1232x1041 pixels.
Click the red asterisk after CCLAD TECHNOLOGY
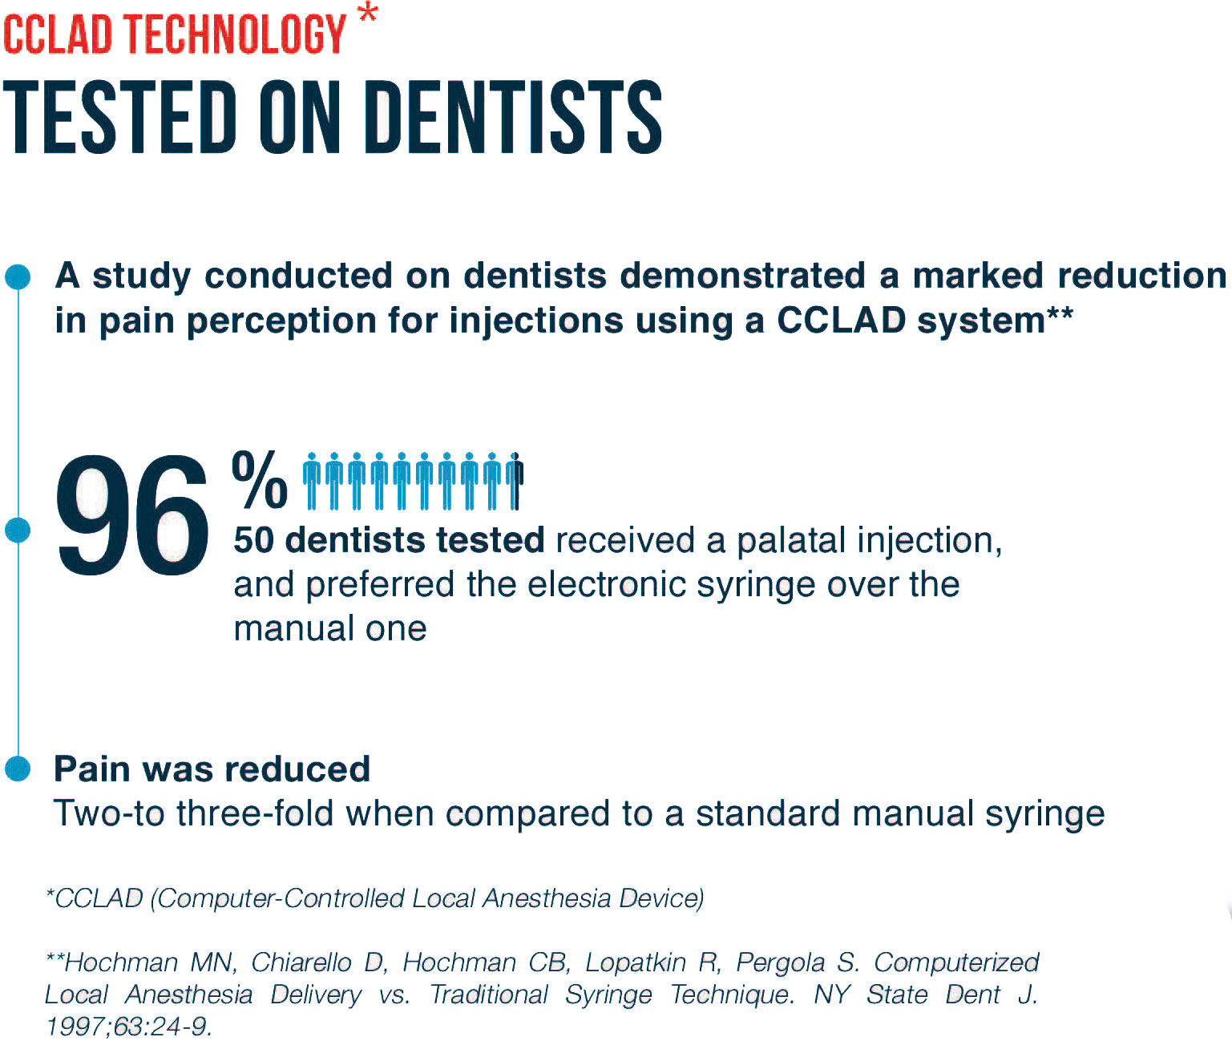coord(369,12)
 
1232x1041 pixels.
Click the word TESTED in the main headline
coord(119,117)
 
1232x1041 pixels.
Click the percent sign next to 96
coord(259,479)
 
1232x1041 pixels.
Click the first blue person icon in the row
coord(311,482)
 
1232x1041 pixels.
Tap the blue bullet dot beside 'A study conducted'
coord(18,277)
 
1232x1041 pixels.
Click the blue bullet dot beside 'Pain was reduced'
coord(18,768)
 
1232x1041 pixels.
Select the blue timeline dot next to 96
coord(18,531)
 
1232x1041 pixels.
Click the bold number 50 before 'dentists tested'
coord(253,540)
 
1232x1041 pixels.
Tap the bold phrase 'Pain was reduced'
coord(212,769)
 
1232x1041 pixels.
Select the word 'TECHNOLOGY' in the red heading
coord(236,34)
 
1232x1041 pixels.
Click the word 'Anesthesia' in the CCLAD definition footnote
coord(547,898)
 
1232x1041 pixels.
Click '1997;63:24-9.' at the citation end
coord(129,1027)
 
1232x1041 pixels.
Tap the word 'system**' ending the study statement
coord(995,321)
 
